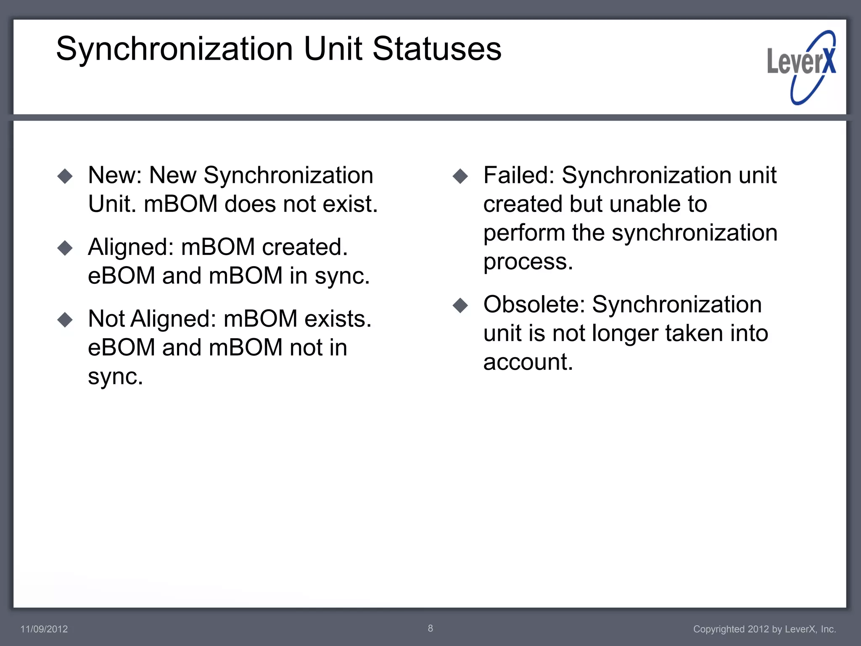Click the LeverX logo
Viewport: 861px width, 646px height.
(801, 67)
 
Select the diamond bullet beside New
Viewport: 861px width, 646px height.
(65, 176)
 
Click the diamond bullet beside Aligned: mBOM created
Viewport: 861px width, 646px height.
(65, 248)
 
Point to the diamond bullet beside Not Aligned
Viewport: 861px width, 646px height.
(65, 320)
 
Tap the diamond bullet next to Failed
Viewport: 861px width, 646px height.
(460, 176)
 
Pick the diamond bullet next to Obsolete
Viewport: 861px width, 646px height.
(460, 305)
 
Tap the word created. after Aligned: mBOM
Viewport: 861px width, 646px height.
(305, 247)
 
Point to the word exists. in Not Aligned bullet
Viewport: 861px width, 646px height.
(338, 319)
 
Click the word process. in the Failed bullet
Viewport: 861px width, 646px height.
(528, 262)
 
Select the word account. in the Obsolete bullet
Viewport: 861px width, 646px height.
(528, 362)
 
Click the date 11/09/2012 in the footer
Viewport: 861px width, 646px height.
(44, 629)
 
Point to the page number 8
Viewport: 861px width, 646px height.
(430, 628)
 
